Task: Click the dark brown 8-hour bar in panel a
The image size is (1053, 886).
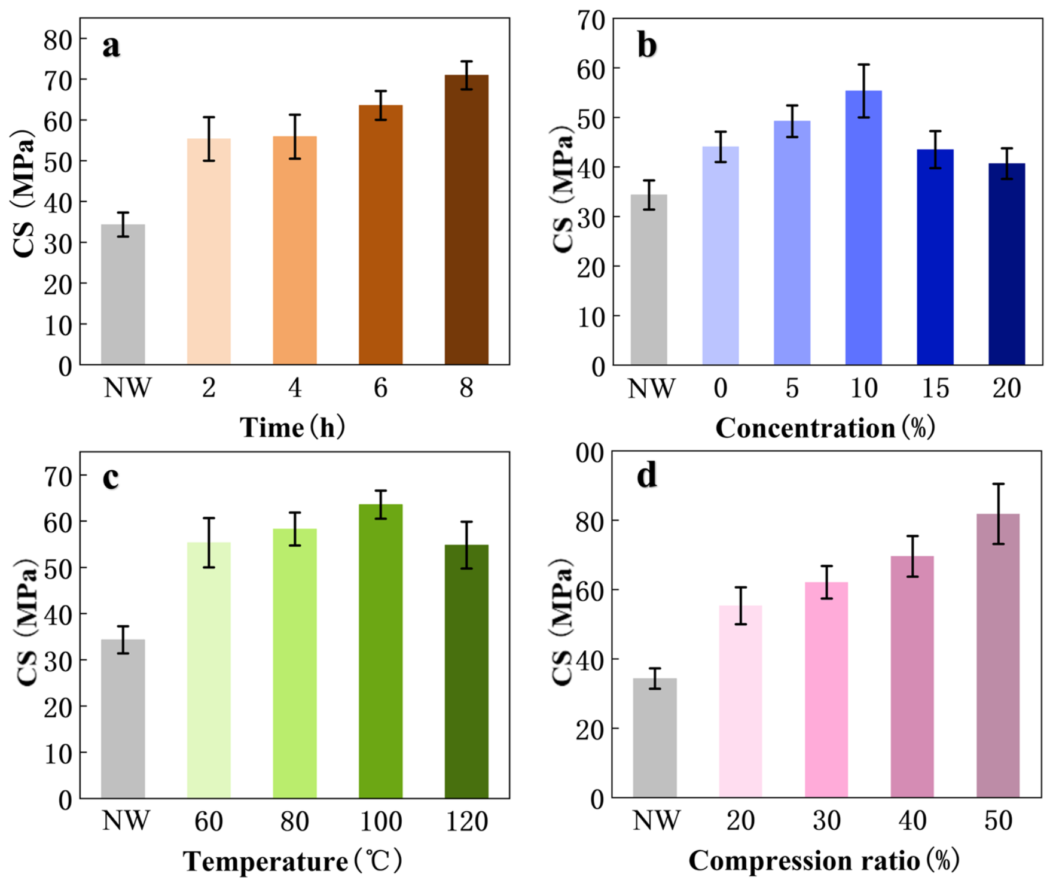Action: pyautogui.click(x=466, y=220)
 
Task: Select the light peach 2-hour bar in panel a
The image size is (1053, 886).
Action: pyautogui.click(x=209, y=251)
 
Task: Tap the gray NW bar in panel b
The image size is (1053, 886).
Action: pyautogui.click(x=649, y=279)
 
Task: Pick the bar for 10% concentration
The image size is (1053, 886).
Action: pyautogui.click(x=863, y=227)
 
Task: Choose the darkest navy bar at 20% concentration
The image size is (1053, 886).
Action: pyautogui.click(x=1007, y=264)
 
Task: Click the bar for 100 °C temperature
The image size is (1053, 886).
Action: pyautogui.click(x=381, y=651)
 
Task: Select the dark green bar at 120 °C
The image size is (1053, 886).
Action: pyautogui.click(x=466, y=671)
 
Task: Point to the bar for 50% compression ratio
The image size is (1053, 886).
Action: pyautogui.click(x=998, y=656)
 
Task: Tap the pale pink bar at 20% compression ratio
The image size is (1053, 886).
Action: pyautogui.click(x=740, y=701)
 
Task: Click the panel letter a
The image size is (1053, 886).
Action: pyautogui.click(x=111, y=46)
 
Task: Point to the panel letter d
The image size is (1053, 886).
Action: pyautogui.click(x=647, y=476)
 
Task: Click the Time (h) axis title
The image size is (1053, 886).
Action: pyautogui.click(x=292, y=428)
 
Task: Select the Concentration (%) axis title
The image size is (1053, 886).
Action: pyautogui.click(x=825, y=428)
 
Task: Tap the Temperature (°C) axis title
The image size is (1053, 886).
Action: pyautogui.click(x=292, y=861)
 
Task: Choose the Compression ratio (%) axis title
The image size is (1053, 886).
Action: pyautogui.click(x=824, y=860)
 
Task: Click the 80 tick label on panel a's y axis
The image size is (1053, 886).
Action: pyautogui.click(x=58, y=40)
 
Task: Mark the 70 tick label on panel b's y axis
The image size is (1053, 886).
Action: pyautogui.click(x=591, y=20)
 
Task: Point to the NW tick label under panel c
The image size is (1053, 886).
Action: pyautogui.click(x=126, y=820)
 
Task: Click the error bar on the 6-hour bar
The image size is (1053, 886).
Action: pyautogui.click(x=381, y=105)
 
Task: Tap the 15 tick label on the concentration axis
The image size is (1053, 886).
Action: pyautogui.click(x=935, y=388)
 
